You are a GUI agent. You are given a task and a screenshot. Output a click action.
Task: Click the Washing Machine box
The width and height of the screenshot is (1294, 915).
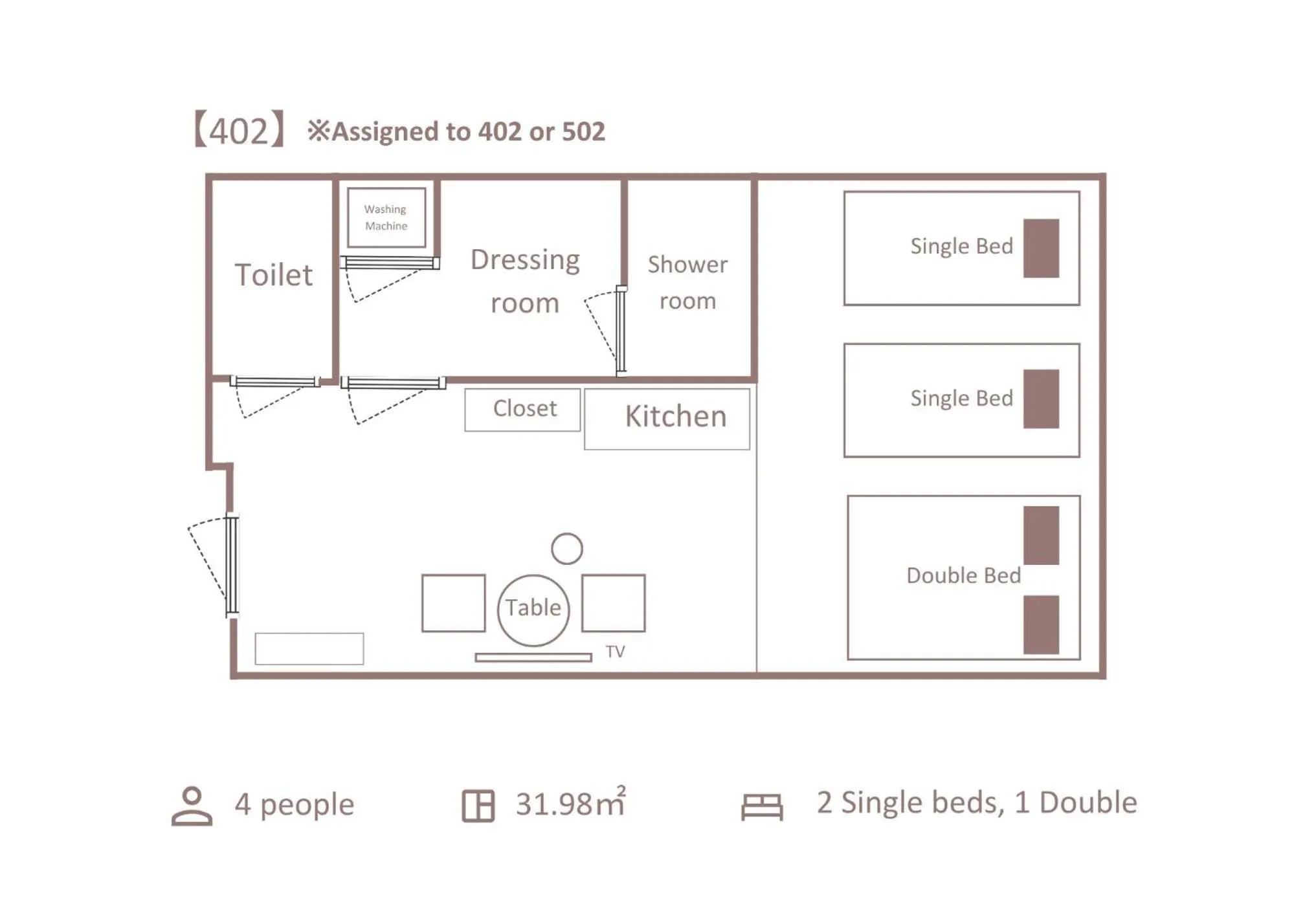coord(386,217)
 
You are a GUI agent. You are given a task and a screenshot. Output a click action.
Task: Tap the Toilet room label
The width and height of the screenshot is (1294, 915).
coord(273,275)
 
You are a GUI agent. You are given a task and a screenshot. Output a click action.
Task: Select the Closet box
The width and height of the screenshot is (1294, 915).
coord(522,409)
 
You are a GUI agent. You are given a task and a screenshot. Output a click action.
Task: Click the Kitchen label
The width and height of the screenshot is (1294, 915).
coord(675,416)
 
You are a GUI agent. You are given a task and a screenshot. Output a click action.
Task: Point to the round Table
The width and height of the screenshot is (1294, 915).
coord(533,610)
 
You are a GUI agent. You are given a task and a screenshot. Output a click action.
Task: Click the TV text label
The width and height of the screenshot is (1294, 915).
coord(615,652)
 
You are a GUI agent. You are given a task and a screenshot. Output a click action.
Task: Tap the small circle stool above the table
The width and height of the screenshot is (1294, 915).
coord(566,549)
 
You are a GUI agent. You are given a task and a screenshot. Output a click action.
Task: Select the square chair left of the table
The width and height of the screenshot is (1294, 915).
coord(453,602)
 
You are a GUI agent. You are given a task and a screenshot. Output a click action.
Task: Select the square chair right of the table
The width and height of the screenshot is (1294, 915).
coord(613,602)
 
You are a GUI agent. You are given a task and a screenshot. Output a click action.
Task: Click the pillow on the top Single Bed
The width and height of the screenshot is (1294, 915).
coord(1040,248)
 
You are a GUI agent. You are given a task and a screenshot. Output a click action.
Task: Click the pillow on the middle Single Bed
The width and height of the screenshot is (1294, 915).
coord(1040,399)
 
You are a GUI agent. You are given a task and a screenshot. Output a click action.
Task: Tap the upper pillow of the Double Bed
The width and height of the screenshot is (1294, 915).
coord(1040,535)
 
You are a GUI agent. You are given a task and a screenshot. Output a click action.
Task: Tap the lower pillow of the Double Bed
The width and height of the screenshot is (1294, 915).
coord(1040,624)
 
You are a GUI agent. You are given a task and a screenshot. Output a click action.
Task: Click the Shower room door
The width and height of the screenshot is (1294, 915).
coord(620,330)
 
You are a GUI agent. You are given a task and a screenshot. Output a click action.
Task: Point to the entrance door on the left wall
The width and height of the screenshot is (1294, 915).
coord(231,564)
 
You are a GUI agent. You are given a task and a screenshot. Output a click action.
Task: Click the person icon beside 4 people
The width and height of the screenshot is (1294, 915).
coord(192,806)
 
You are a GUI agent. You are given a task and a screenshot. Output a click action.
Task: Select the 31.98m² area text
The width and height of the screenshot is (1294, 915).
coord(570,804)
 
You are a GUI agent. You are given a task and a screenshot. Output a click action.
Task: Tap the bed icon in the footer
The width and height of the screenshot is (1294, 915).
coord(761,806)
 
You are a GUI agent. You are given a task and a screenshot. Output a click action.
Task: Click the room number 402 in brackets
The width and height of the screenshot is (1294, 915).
coord(238,131)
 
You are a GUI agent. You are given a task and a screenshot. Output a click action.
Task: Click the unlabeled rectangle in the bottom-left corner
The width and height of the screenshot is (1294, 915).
coord(309,648)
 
